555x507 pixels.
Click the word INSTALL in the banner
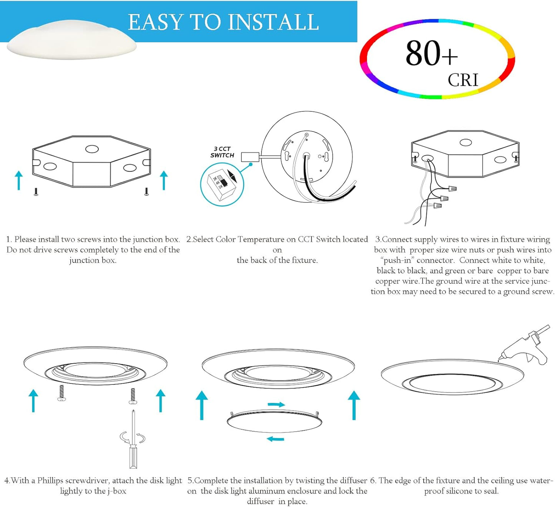tap(275, 22)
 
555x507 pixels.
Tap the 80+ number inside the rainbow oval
tap(431, 53)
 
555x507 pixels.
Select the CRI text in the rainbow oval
tap(463, 80)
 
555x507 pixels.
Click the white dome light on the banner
tap(72, 40)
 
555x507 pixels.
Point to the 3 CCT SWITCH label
tap(222, 152)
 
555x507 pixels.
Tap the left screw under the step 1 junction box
tap(36, 191)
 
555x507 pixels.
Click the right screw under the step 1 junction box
tap(147, 191)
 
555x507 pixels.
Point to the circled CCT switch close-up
tap(222, 185)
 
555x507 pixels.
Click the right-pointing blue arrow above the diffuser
tap(276, 404)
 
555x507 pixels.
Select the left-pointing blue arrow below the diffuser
tap(275, 439)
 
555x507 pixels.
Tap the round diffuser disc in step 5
tap(275, 422)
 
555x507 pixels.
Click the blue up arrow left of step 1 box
tap(18, 180)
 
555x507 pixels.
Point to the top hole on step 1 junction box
tap(92, 149)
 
